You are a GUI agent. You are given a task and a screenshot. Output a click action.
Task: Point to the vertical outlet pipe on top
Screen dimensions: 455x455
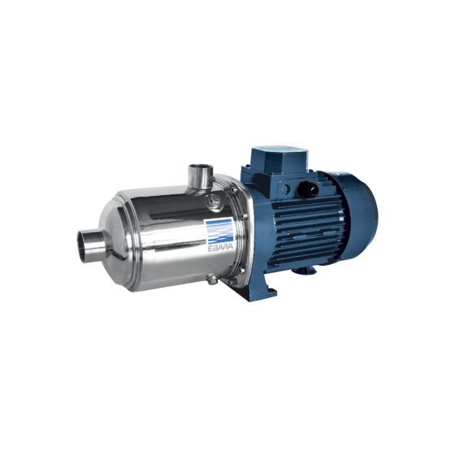click(200, 175)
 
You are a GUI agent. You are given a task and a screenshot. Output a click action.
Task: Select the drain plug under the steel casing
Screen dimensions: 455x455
click(212, 279)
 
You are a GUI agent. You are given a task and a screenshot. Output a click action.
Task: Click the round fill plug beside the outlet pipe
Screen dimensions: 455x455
click(215, 200)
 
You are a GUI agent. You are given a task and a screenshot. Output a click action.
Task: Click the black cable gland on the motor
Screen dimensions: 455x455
click(309, 188)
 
